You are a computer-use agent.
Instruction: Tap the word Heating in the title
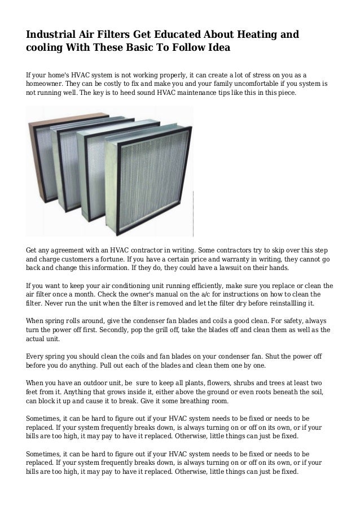pos(251,35)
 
